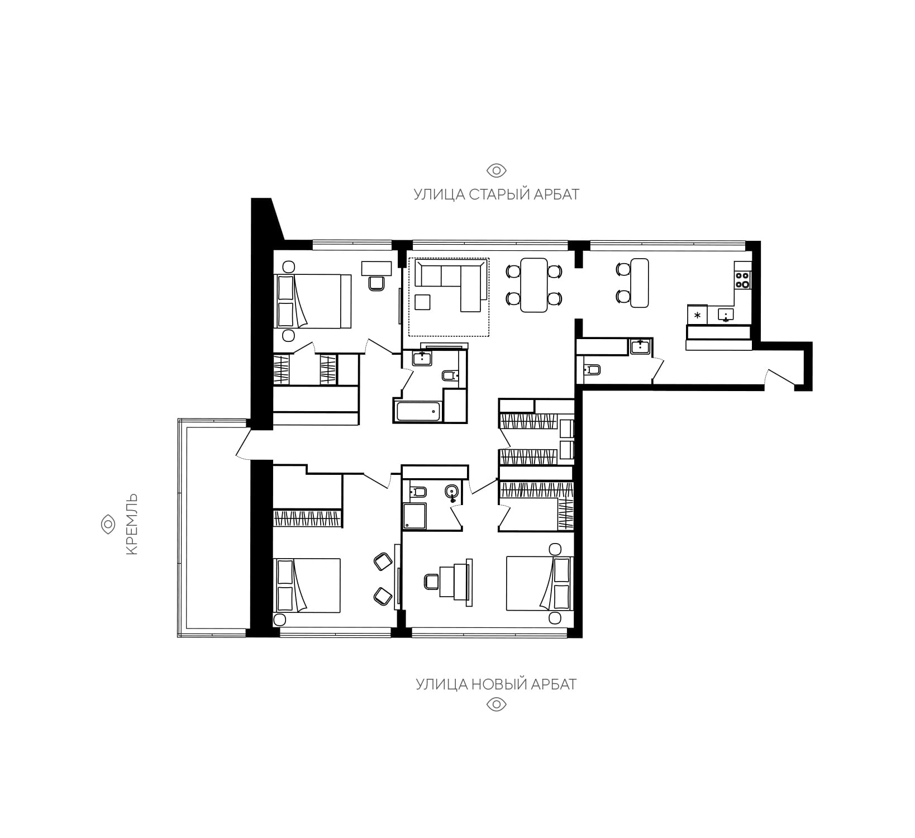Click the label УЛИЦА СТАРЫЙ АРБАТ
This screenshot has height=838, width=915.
tap(496, 194)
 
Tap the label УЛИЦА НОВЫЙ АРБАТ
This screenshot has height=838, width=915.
tap(496, 684)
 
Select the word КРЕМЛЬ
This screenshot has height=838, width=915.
tap(132, 524)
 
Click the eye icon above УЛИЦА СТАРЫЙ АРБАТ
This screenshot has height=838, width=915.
tap(496, 170)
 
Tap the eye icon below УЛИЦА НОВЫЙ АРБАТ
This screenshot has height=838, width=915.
tap(496, 704)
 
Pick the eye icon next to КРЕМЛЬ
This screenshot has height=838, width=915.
tap(107, 524)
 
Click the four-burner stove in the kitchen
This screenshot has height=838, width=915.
tap(742, 279)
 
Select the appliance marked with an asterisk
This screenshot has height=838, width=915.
tap(697, 315)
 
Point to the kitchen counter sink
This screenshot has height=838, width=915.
tap(725, 315)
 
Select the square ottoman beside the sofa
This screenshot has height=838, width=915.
tap(423, 302)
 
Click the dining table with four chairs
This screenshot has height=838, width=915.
tap(533, 285)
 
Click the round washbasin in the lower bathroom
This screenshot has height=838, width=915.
tap(452, 492)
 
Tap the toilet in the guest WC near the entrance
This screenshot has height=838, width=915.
tap(591, 369)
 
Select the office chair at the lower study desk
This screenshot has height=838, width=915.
tap(432, 582)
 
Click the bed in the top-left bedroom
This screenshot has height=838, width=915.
tap(313, 301)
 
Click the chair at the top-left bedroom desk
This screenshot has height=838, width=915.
tap(376, 283)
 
